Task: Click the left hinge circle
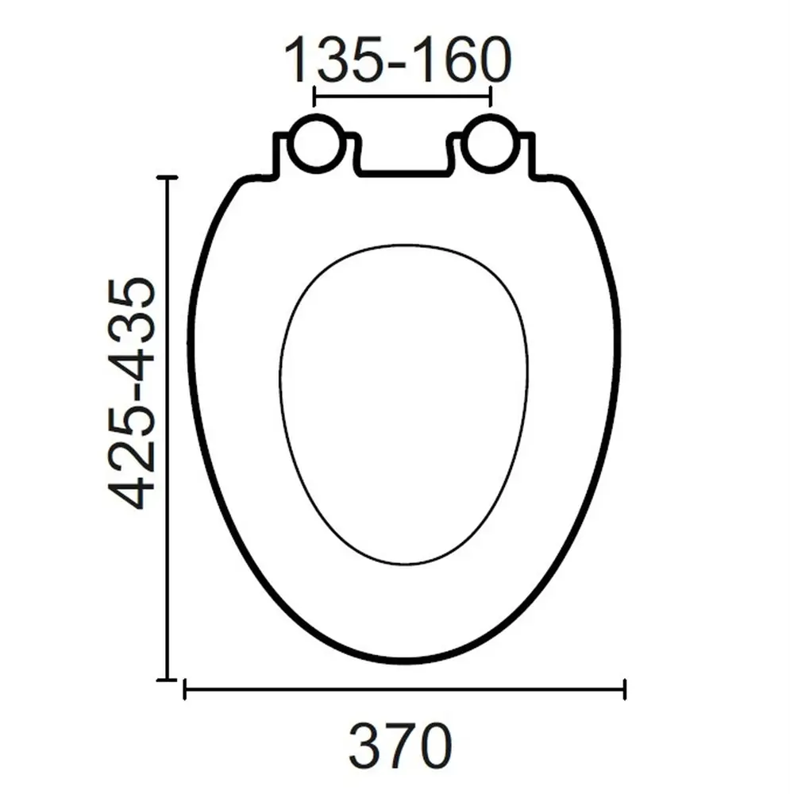pyautogui.click(x=315, y=144)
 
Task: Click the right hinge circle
pyautogui.click(x=491, y=144)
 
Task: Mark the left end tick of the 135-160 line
pyautogui.click(x=315, y=97)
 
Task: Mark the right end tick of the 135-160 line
pyautogui.click(x=491, y=97)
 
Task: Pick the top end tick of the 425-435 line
pyautogui.click(x=166, y=178)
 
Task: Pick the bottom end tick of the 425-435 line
pyautogui.click(x=166, y=680)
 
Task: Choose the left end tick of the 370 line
pyautogui.click(x=184, y=689)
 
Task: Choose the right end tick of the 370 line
pyautogui.click(x=625, y=689)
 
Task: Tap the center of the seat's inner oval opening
pyautogui.click(x=403, y=405)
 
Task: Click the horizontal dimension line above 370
pyautogui.click(x=405, y=689)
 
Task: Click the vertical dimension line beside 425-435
pyautogui.click(x=166, y=429)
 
